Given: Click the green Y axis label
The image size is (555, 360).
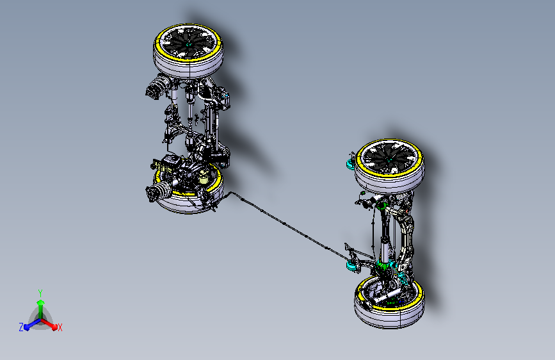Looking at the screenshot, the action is [40, 293].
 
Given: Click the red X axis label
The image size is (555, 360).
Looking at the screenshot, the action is [60, 328].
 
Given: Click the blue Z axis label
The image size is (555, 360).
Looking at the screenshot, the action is [21, 327].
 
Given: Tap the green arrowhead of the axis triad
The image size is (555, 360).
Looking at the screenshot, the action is [41, 302].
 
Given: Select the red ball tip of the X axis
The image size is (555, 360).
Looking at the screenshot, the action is [54, 327].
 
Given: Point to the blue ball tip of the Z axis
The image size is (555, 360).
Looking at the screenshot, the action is [26, 327].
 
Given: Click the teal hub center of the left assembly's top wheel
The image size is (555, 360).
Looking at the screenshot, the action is [188, 44].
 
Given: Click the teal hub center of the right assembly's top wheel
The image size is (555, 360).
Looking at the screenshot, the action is [389, 160].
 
